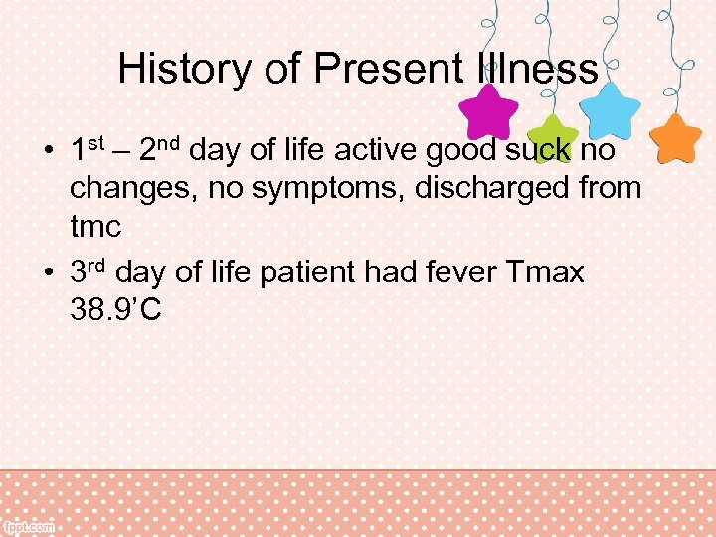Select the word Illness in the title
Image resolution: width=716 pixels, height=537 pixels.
(537, 70)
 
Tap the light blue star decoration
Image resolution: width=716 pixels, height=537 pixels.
(611, 110)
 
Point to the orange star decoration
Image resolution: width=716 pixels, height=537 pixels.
(678, 138)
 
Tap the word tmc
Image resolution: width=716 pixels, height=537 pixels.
(95, 226)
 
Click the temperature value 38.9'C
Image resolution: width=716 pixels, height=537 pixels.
(116, 310)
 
